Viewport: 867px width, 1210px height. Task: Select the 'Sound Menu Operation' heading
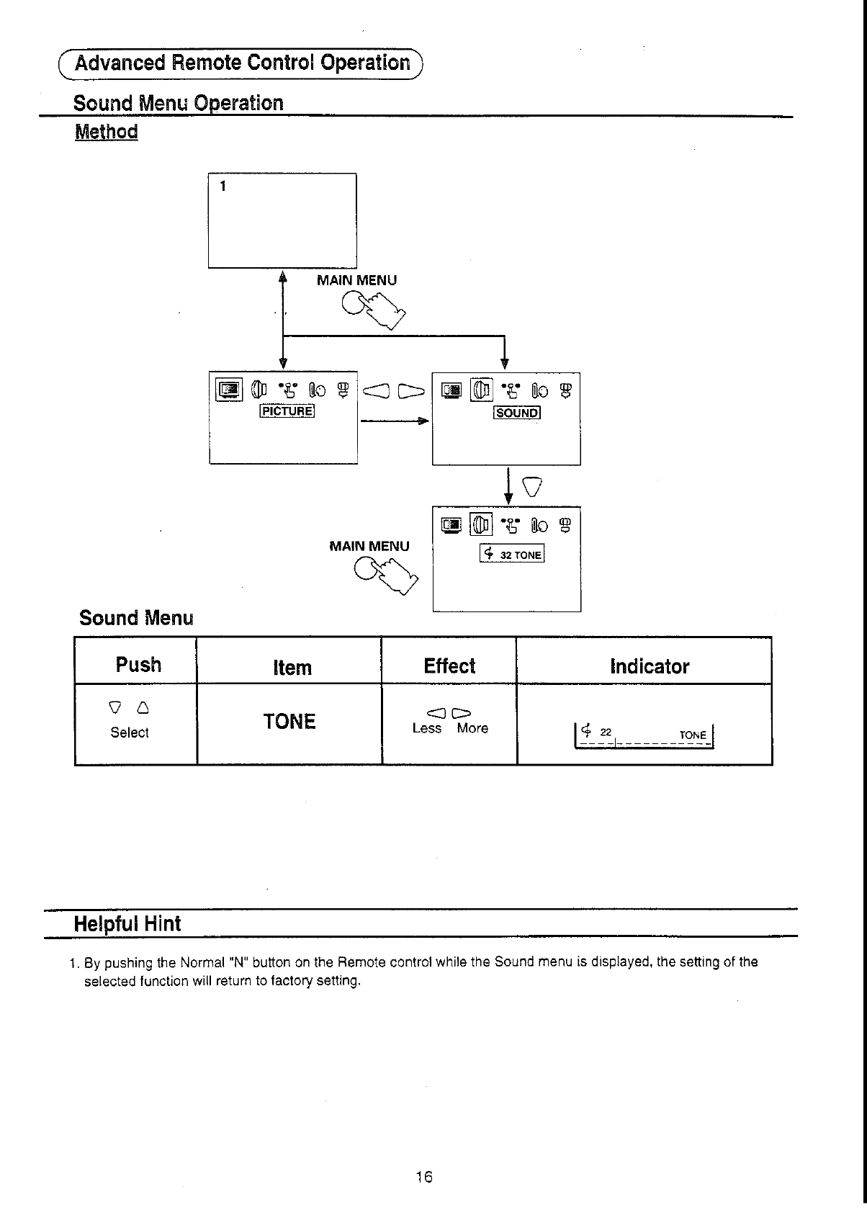[179, 103]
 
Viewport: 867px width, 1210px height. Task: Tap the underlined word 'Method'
[106, 132]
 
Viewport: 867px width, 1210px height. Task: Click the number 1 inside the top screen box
[223, 186]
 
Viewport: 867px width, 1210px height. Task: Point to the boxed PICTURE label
[287, 411]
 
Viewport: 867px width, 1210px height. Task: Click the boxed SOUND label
[516, 413]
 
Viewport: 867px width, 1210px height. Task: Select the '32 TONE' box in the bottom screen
[512, 554]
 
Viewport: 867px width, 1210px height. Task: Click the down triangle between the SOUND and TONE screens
[532, 488]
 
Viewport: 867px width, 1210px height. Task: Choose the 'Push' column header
[138, 664]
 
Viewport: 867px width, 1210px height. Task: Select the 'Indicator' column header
[649, 666]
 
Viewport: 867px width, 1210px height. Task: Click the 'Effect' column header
[449, 665]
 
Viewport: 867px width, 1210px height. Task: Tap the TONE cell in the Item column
[289, 721]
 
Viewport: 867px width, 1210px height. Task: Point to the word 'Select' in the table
[130, 732]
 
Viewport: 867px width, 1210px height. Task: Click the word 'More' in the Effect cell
[472, 728]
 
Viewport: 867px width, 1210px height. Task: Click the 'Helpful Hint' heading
[127, 924]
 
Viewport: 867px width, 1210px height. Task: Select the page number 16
[424, 1177]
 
